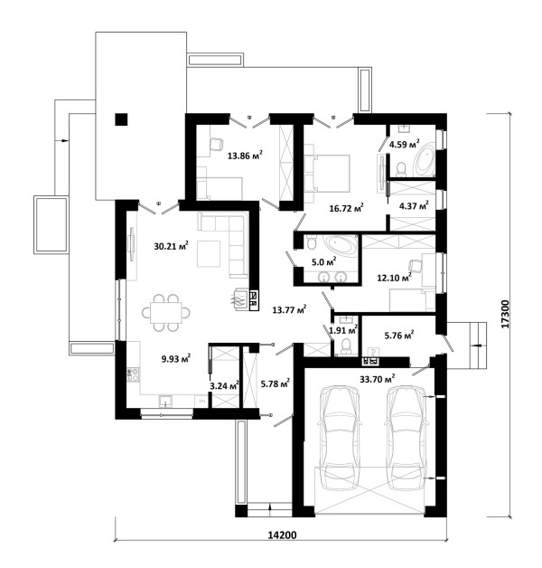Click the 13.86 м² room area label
pos(245,156)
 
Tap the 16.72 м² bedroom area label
pos(346,207)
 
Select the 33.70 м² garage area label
pos(377,379)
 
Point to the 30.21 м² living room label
pos(171,246)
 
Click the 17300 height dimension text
pos(505,314)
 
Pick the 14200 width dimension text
pos(282,535)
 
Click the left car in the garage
pos(340,438)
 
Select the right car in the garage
pos(406,438)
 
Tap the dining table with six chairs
pos(165,313)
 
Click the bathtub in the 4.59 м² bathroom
pos(425,159)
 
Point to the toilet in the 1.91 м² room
pos(346,346)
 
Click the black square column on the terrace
pos(121,119)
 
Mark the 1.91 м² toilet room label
pos(343,329)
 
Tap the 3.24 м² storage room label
pos(224,385)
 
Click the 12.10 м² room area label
pos(395,278)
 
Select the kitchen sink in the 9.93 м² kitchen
pos(165,402)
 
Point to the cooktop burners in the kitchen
pos(133,374)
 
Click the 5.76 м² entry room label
pos(399,335)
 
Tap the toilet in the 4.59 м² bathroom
pos(400,169)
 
